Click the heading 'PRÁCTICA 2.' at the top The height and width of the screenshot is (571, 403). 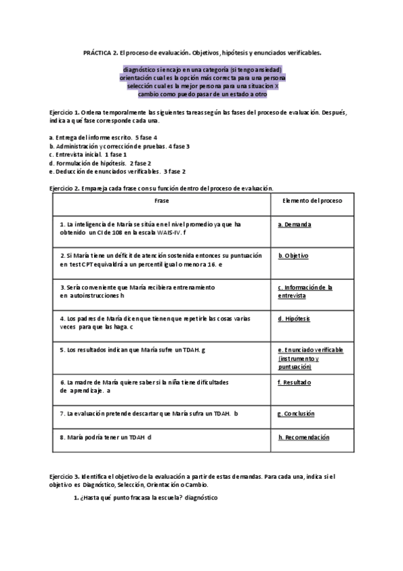100,52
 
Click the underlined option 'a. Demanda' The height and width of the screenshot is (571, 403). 295,224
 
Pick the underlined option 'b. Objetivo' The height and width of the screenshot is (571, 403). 294,256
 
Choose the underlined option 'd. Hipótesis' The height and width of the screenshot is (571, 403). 295,318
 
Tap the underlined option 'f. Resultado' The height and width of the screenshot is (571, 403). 295,382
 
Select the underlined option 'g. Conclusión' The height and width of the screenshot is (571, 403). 296,413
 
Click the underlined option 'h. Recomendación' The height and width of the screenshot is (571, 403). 303,437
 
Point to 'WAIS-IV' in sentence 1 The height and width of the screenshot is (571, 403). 166,232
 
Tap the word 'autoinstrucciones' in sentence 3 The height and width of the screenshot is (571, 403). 94,296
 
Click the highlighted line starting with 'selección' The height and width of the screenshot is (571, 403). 202,86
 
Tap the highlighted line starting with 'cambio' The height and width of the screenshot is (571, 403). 202,94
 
